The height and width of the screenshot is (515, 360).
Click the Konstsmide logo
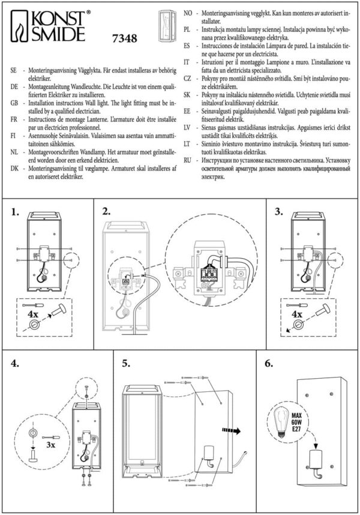click(x=52, y=27)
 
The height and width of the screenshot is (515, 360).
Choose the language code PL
click(x=187, y=29)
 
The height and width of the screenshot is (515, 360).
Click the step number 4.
click(x=16, y=364)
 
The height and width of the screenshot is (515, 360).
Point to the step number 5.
click(x=126, y=364)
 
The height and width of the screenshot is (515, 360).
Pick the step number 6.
click(x=269, y=364)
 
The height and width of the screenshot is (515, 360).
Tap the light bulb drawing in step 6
click(x=280, y=417)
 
